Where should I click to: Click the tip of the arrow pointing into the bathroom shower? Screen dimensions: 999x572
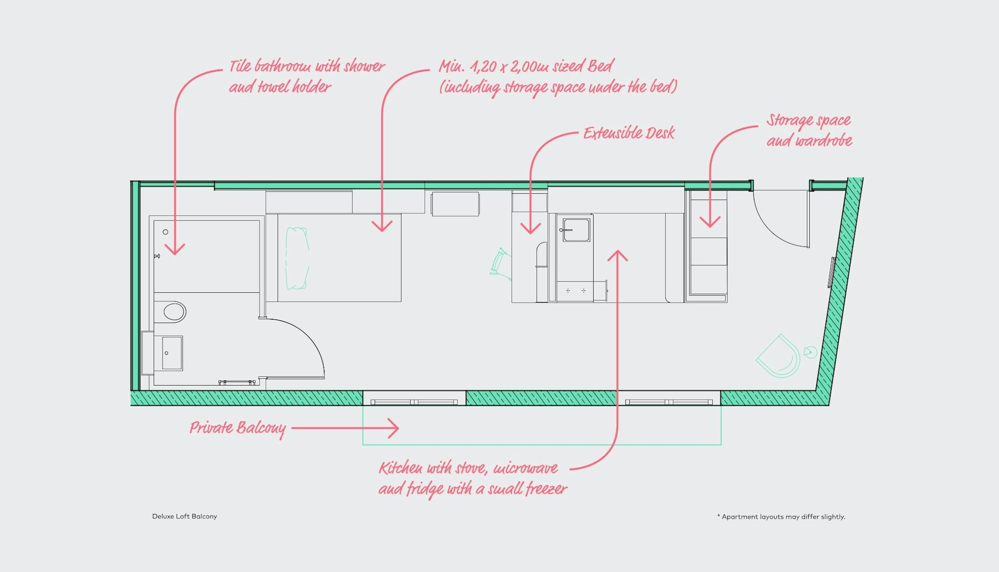175,254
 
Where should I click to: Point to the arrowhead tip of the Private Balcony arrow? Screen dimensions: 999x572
399,429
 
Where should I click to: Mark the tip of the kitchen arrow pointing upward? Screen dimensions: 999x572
618,251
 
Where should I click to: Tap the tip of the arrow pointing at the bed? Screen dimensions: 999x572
382,231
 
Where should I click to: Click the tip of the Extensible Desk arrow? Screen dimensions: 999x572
530,233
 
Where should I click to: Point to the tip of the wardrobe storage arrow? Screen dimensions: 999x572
710,227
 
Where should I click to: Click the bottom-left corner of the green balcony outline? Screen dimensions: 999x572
363,445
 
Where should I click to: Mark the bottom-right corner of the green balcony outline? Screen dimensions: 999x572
721,445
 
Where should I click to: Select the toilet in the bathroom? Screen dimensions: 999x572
171,311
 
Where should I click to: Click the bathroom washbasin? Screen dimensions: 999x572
172,353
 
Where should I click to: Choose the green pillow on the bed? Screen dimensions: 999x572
297,258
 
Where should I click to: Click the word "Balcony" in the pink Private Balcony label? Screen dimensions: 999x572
261,429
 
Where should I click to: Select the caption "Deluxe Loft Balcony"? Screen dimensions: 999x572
184,516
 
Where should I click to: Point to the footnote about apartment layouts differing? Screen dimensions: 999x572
781,517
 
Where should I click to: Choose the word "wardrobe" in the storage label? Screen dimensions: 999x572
824,141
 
